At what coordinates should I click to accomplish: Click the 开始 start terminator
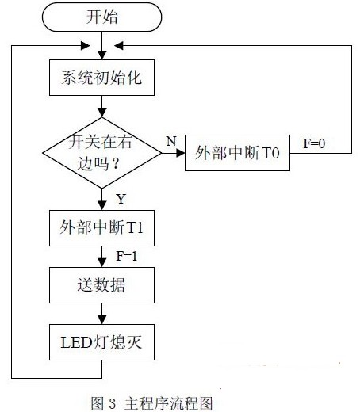(x=101, y=17)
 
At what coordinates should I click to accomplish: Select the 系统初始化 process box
(x=101, y=78)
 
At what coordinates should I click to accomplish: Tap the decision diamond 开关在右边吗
(x=101, y=153)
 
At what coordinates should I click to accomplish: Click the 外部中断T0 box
(x=237, y=153)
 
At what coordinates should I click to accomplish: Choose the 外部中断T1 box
(x=101, y=228)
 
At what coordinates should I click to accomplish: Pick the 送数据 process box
(x=101, y=285)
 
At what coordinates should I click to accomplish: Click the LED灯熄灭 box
(x=101, y=342)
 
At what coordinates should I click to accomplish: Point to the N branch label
(x=171, y=141)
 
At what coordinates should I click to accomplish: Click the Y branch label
(x=121, y=199)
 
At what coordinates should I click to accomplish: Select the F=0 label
(x=314, y=143)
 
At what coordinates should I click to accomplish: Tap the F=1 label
(x=127, y=256)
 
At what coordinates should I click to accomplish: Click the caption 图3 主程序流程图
(x=151, y=403)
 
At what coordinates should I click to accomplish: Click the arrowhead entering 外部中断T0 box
(x=181, y=153)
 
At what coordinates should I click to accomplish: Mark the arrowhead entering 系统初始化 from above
(x=101, y=55)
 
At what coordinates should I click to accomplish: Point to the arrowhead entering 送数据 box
(x=101, y=263)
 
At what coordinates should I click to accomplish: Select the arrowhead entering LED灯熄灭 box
(x=101, y=320)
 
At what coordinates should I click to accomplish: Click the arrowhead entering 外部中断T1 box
(x=101, y=206)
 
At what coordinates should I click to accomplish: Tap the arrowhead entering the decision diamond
(x=101, y=113)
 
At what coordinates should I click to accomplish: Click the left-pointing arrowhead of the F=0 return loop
(x=118, y=46)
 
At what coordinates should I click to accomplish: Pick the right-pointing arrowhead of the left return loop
(x=85, y=46)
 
